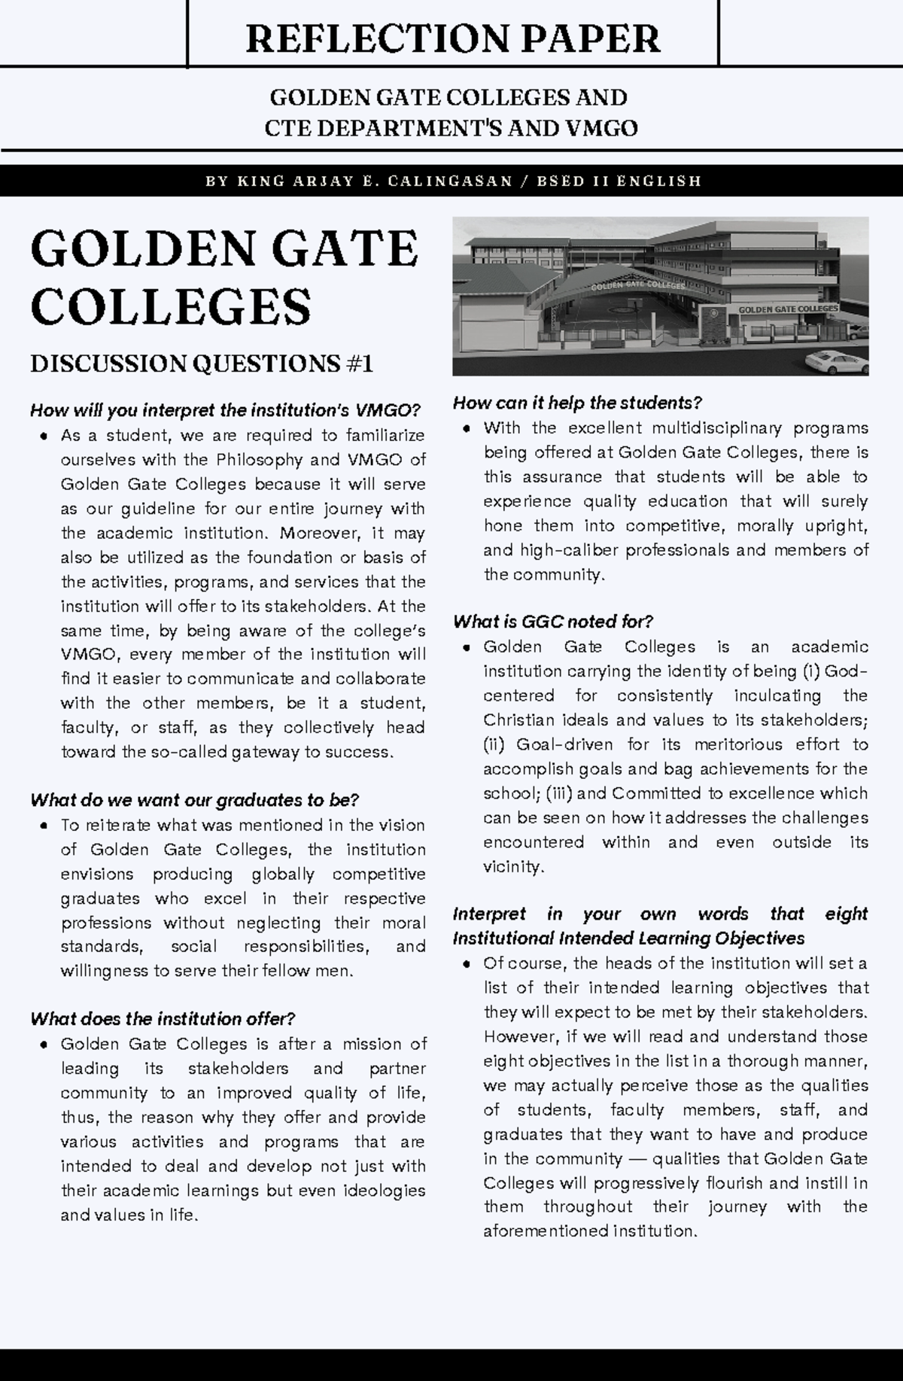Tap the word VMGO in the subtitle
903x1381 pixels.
coord(601,129)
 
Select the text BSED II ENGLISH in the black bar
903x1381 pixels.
coord(619,181)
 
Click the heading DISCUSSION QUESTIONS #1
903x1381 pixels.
coord(202,364)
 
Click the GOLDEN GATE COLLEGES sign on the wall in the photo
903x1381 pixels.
coord(788,309)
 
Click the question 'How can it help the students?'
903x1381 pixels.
coord(577,403)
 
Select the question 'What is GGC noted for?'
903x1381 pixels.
coord(552,622)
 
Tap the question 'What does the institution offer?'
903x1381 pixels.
coord(163,1019)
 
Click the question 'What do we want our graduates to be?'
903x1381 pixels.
coord(194,800)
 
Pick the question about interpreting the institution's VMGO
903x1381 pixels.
coord(225,411)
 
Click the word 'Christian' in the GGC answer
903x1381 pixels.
coord(518,720)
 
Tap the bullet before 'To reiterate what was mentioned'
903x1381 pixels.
coord(44,826)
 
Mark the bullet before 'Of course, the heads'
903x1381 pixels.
coord(467,964)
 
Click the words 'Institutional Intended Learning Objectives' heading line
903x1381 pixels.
coord(628,938)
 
